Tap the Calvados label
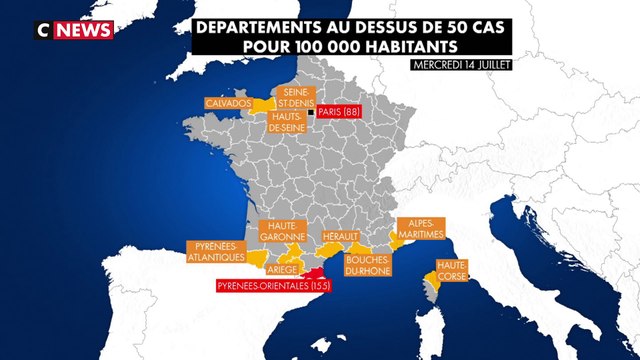(x=227, y=103)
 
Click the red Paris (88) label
(x=339, y=113)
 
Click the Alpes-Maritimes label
(x=420, y=230)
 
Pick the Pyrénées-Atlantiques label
(x=217, y=251)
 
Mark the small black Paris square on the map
(x=311, y=113)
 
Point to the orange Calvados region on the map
(x=263, y=104)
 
